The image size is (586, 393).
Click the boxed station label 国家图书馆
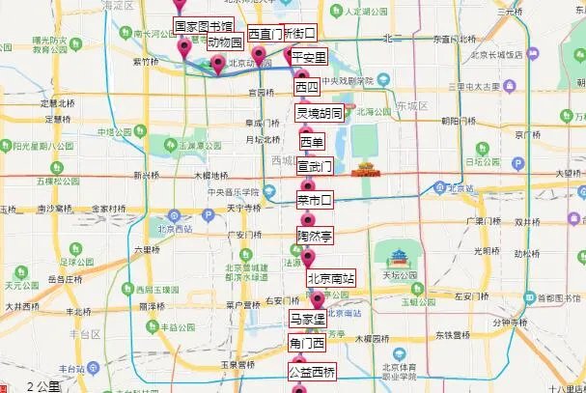(203, 25)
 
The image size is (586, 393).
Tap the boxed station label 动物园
(225, 42)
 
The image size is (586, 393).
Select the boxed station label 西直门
(265, 33)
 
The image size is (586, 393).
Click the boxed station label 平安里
(309, 57)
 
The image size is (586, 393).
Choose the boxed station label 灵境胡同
(318, 113)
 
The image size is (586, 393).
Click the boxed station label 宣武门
(314, 166)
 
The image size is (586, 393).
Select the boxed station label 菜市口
(314, 200)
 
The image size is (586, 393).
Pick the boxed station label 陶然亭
(314, 235)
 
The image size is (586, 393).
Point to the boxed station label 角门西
(308, 343)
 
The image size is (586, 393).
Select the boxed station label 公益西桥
(313, 372)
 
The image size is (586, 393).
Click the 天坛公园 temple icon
(401, 257)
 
